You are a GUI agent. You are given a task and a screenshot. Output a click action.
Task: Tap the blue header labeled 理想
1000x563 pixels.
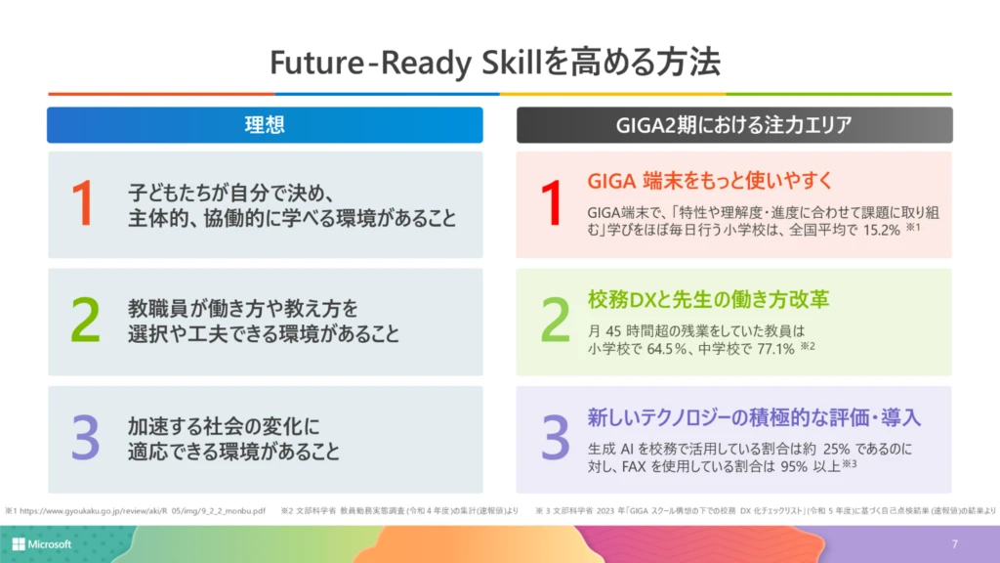265,125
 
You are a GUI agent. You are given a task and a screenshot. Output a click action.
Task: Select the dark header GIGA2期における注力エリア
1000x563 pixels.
733,125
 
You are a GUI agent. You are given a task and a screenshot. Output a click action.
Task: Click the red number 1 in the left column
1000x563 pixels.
83,203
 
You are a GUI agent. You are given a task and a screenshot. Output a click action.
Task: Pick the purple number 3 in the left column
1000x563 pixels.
85,439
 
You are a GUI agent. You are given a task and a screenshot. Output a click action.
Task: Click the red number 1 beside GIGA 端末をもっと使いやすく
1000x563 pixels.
552,203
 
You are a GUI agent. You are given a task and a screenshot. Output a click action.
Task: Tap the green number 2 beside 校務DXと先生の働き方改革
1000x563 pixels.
555,321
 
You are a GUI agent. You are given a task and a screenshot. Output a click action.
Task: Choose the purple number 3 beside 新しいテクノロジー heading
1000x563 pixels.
555,439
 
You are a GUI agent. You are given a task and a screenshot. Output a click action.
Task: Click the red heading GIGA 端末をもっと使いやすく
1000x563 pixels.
695,181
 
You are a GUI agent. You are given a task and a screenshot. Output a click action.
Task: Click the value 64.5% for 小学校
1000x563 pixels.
668,348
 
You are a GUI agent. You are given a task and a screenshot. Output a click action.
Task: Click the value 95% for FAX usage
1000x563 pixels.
788,465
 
